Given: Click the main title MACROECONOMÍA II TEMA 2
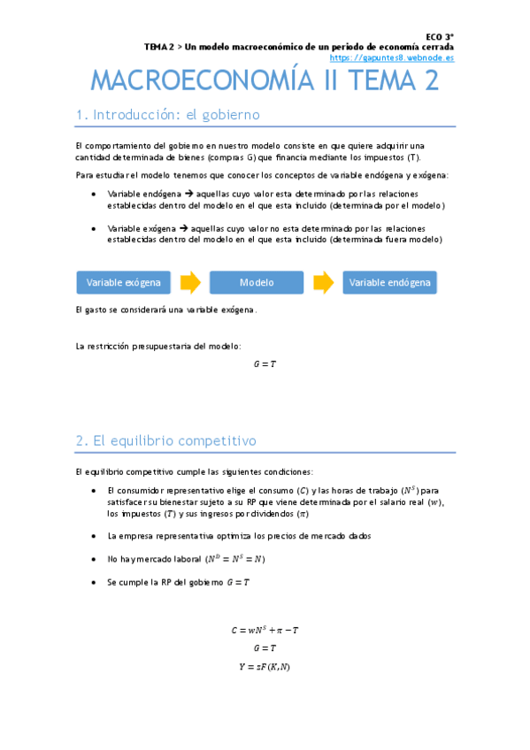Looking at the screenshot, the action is [x=265, y=81].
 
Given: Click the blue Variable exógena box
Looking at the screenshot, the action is [x=124, y=283].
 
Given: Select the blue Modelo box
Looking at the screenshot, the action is [x=257, y=283].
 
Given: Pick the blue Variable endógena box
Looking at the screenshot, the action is [x=389, y=283].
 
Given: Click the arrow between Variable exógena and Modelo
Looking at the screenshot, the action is [x=190, y=283].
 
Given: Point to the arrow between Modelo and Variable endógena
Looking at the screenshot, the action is [x=323, y=283].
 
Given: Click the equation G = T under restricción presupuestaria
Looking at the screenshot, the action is [x=265, y=364].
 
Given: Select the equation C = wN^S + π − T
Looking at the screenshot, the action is [x=265, y=630].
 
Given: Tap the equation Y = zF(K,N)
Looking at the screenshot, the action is [x=265, y=667].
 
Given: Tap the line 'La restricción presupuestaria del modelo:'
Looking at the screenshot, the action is [x=158, y=346].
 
